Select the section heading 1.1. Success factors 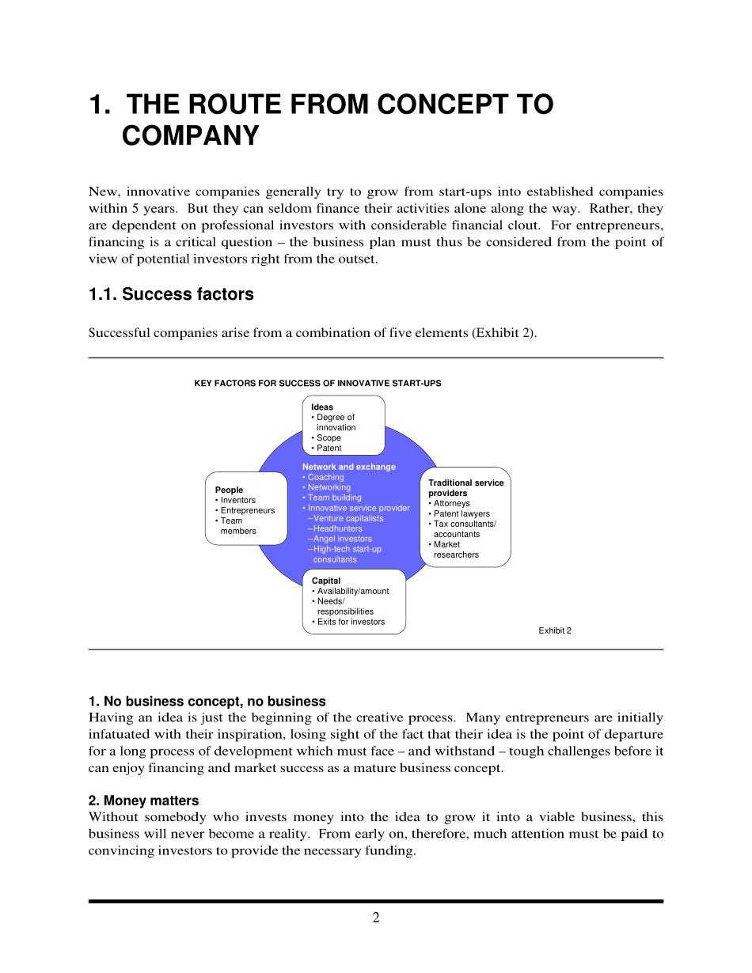coord(171,294)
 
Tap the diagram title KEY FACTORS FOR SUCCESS coord(317,383)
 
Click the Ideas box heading coord(322,407)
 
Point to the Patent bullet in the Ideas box coord(329,448)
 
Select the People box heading coord(229,490)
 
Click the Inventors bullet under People coord(237,501)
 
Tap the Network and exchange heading coord(348,467)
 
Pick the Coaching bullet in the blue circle coord(325,477)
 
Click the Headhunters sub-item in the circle coord(337,528)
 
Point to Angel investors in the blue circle coord(342,539)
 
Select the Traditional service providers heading coord(465,487)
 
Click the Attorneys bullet coord(451,503)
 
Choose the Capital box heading coord(326,581)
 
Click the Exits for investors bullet coord(351,622)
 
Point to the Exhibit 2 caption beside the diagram coord(555,630)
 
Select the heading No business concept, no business coord(207,702)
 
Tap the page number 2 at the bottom coord(376,918)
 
